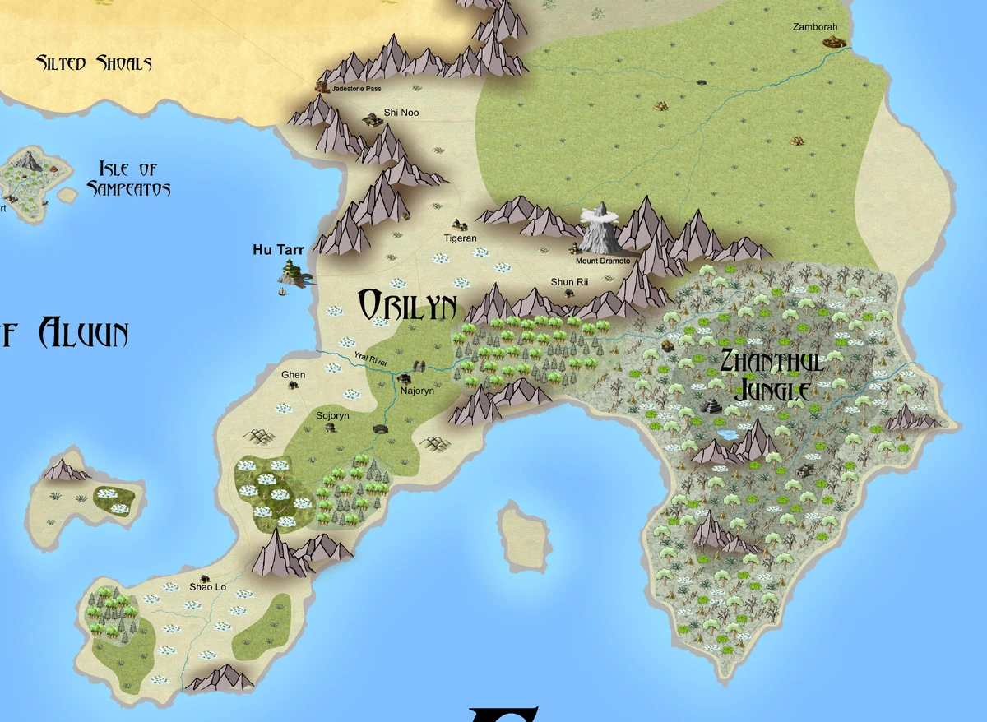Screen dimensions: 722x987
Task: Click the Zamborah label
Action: coord(815,27)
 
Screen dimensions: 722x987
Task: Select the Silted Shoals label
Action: coord(94,62)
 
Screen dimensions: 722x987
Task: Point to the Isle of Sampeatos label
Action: coord(128,179)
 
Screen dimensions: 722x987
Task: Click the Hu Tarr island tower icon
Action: coord(292,272)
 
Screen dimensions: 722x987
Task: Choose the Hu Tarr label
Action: coord(278,250)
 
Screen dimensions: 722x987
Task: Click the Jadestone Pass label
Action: coord(357,88)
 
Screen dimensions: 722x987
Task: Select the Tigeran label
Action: coord(461,238)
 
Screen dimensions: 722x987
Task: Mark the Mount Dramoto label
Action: coord(602,261)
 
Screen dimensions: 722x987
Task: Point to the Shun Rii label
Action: coord(569,282)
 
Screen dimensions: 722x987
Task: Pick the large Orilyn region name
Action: coord(407,306)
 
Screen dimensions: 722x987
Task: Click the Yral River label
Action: coord(370,359)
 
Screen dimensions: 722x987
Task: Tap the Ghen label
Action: coord(293,375)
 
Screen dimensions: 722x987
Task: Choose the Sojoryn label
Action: coord(333,416)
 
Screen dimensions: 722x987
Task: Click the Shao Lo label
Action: coord(207,587)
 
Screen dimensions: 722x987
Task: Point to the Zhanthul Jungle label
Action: coord(771,375)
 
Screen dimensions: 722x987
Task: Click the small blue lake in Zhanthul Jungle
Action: coord(727,433)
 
